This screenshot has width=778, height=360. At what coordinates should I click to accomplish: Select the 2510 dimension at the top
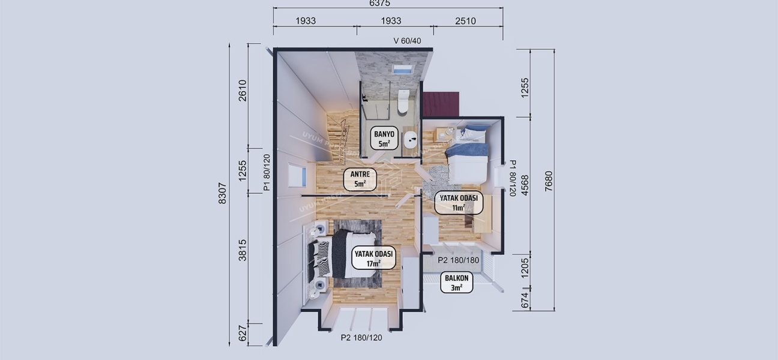pyautogui.click(x=465, y=21)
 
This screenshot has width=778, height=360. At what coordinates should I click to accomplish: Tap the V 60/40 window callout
pyautogui.click(x=407, y=41)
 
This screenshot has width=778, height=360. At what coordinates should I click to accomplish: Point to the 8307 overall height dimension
pyautogui.click(x=223, y=193)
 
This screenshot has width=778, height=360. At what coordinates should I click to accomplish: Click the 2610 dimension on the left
pyautogui.click(x=243, y=91)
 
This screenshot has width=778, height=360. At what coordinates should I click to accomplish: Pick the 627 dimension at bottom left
pyautogui.click(x=243, y=334)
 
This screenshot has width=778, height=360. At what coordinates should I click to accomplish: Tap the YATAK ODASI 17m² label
pyautogui.click(x=373, y=258)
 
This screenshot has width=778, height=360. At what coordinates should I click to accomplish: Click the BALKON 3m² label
pyautogui.click(x=457, y=283)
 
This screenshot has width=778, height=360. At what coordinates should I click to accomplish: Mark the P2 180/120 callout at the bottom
pyautogui.click(x=361, y=337)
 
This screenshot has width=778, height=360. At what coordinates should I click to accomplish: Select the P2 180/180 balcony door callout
pyautogui.click(x=458, y=260)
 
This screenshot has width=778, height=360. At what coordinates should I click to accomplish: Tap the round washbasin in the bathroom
pyautogui.click(x=411, y=140)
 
